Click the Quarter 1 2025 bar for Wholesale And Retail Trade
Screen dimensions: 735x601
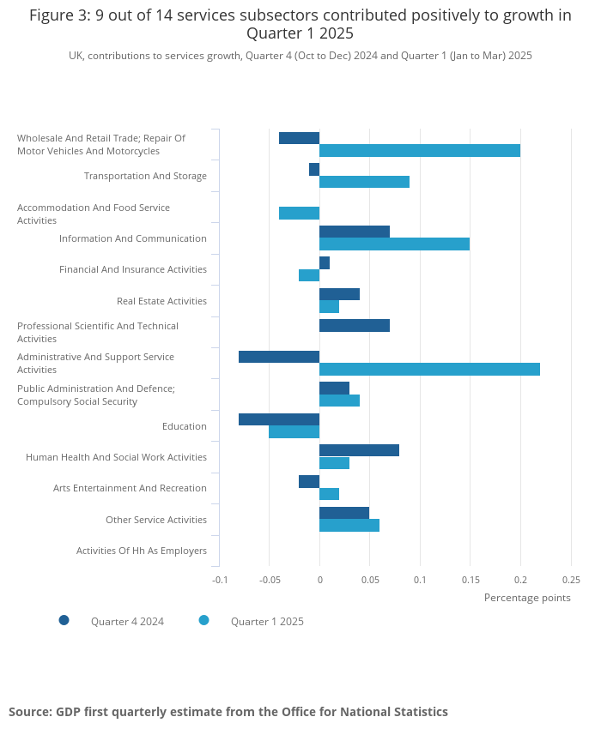click(420, 151)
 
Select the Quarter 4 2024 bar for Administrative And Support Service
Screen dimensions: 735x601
click(279, 357)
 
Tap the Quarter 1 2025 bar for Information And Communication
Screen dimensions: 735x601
click(394, 244)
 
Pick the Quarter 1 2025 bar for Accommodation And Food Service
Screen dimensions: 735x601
click(299, 214)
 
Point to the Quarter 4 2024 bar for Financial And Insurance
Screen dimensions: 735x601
click(325, 262)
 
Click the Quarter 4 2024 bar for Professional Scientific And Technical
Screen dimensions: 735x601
click(355, 326)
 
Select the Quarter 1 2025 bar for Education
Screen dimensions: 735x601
click(294, 432)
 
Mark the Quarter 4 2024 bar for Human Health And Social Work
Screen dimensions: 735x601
click(359, 450)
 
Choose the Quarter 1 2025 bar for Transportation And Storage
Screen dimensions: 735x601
click(364, 182)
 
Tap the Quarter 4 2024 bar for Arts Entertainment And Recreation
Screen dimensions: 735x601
click(309, 482)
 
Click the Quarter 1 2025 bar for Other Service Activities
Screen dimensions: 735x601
click(349, 526)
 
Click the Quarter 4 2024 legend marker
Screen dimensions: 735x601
click(64, 620)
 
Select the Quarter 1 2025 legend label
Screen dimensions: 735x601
click(267, 622)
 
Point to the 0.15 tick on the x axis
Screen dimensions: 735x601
click(470, 580)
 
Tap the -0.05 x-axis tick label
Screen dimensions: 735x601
click(269, 580)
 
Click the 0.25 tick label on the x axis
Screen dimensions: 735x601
click(570, 580)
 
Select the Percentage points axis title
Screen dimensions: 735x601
click(527, 598)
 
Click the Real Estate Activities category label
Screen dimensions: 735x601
click(161, 301)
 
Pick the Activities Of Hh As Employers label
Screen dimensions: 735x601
click(142, 551)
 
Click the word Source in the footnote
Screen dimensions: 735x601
click(29, 712)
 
